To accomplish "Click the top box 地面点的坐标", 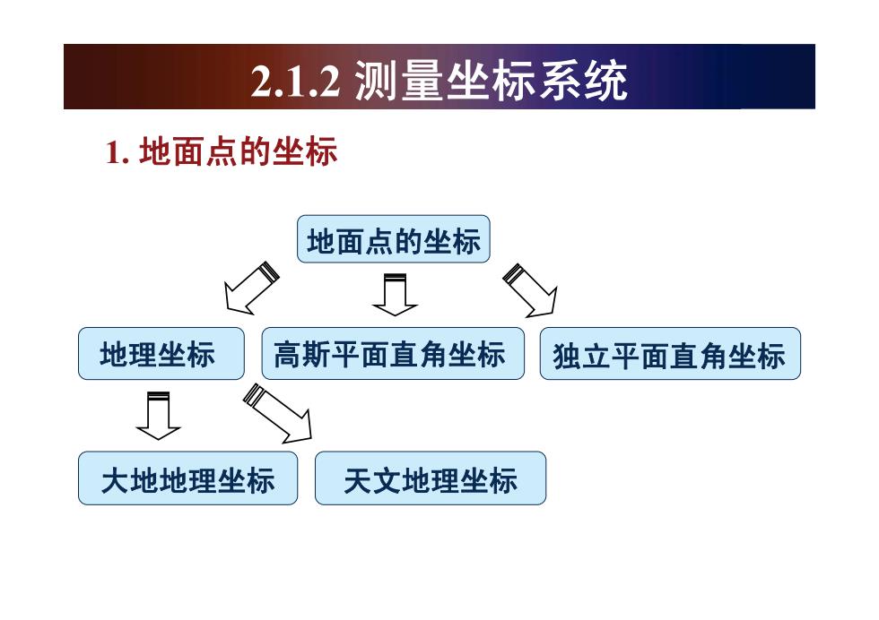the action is pyautogui.click(x=393, y=239).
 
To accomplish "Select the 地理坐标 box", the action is pyautogui.click(x=161, y=353).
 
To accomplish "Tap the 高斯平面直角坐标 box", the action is pyautogui.click(x=393, y=353).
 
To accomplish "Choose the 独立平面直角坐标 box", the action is pyautogui.click(x=670, y=353).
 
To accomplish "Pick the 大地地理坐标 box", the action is pyautogui.click(x=187, y=478).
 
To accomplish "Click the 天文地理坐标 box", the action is pyautogui.click(x=431, y=478).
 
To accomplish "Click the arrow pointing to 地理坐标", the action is pyautogui.click(x=251, y=288).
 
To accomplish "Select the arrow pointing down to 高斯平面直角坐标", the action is pyautogui.click(x=395, y=295).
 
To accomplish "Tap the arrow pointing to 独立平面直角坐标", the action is pyautogui.click(x=530, y=290).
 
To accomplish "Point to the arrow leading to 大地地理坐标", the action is pyautogui.click(x=158, y=416).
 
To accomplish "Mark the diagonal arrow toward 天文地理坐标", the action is pyautogui.click(x=277, y=414).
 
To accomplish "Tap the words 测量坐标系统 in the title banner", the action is pyautogui.click(x=492, y=81).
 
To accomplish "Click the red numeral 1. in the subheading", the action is pyautogui.click(x=117, y=152).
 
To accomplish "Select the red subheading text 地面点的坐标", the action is pyautogui.click(x=238, y=151).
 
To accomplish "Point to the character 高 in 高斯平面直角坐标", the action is pyautogui.click(x=288, y=355).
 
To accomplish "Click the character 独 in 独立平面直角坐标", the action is pyautogui.click(x=567, y=356).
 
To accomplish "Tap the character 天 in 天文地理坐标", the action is pyautogui.click(x=358, y=480).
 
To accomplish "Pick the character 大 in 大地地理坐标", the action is pyautogui.click(x=116, y=480).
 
